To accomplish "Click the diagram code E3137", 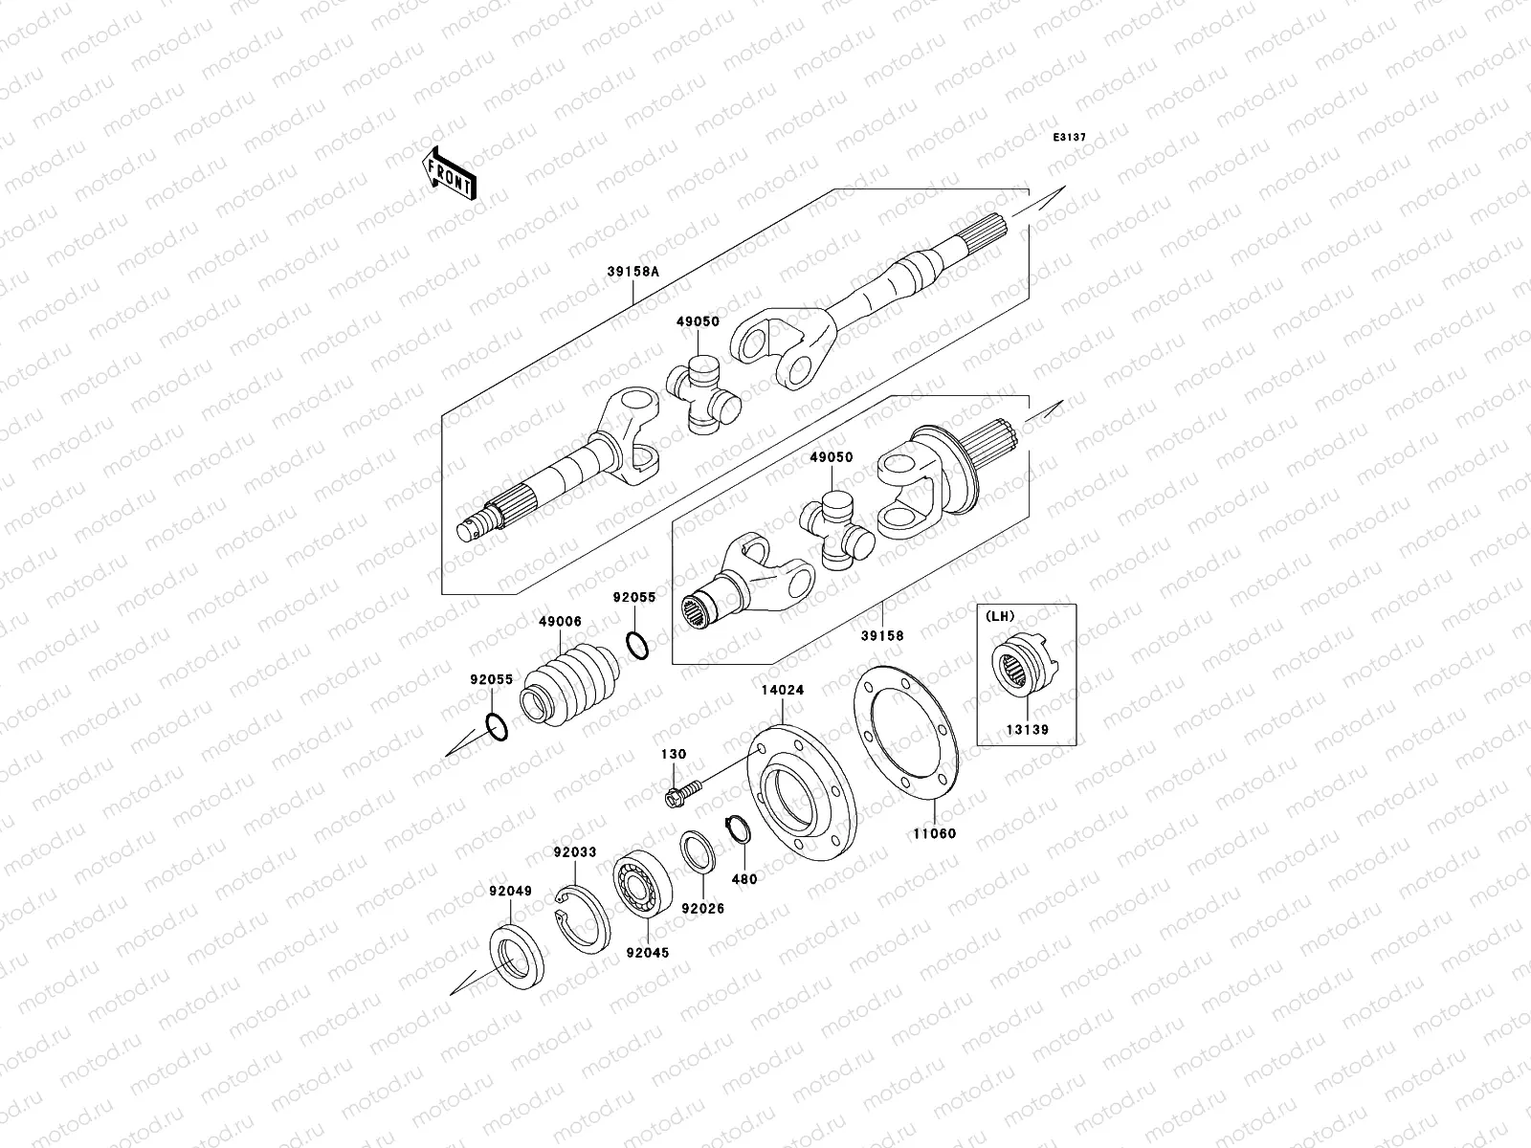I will tap(1070, 138).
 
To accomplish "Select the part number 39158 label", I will tap(881, 634).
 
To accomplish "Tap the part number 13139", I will tap(1026, 756).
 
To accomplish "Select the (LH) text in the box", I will tap(1001, 616).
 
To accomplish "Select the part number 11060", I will tap(934, 832).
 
